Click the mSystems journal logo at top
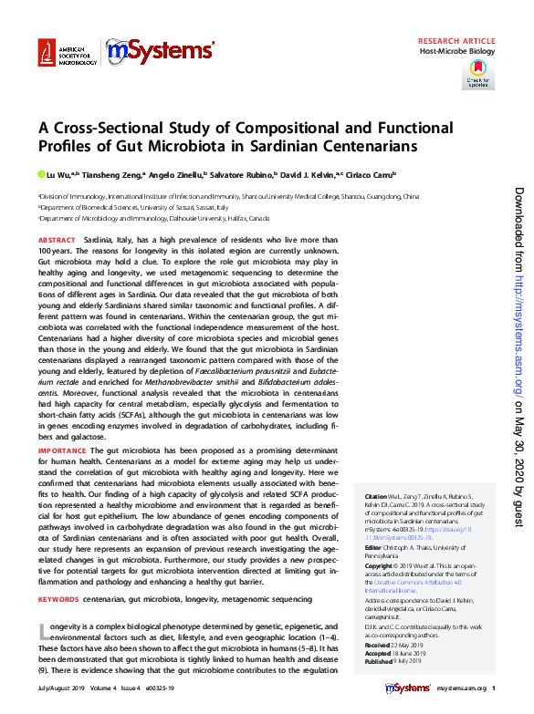click(x=161, y=54)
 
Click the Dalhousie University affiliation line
click(x=155, y=219)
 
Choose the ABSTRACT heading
click(x=57, y=239)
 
